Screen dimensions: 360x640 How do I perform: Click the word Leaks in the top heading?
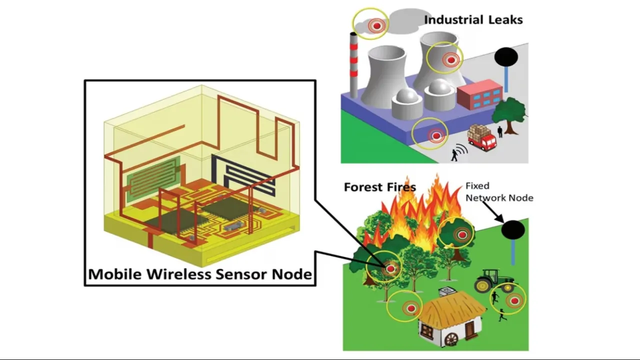tap(505, 20)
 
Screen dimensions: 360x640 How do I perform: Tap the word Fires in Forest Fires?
tap(400, 187)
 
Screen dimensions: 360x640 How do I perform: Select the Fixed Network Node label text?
tap(499, 192)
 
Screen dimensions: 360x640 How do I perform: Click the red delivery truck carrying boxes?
tap(481, 137)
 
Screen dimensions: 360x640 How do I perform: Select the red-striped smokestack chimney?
tap(354, 65)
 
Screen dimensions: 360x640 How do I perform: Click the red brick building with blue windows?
tap(479, 95)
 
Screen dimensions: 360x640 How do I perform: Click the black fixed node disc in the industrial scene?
tap(506, 56)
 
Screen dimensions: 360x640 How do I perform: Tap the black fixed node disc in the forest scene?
tap(513, 230)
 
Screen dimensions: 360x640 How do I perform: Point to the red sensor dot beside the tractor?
tap(513, 301)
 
